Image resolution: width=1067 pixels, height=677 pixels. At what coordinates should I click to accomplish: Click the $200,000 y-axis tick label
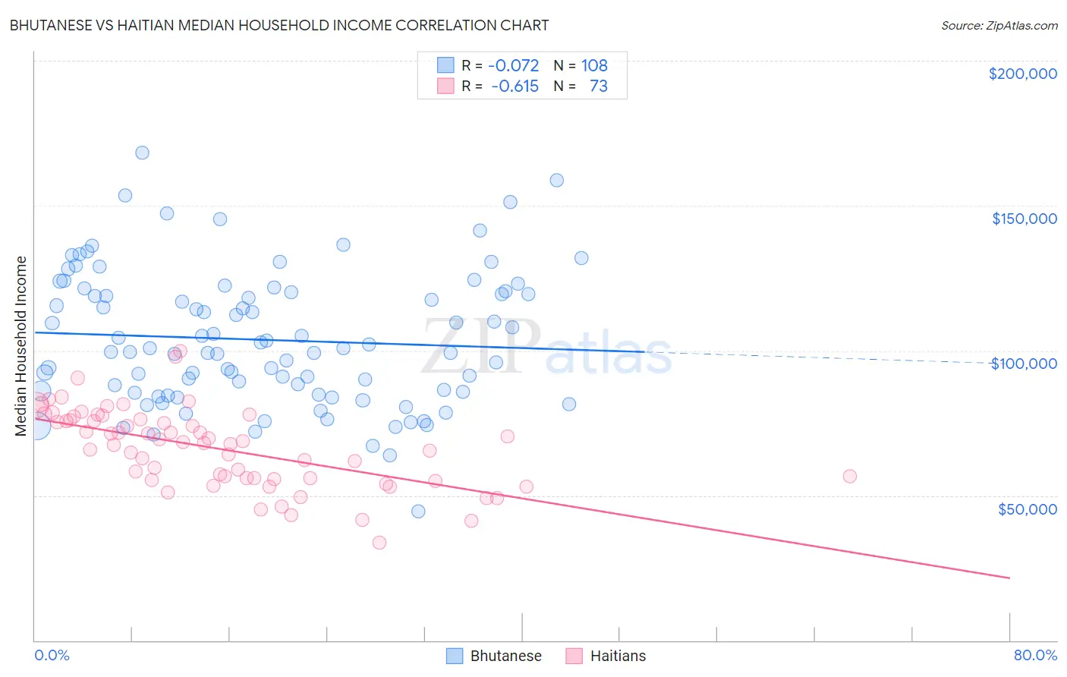(x=1022, y=74)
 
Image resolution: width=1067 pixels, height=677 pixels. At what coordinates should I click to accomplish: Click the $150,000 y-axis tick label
(x=1024, y=219)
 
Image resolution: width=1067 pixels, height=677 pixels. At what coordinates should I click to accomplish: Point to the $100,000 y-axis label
(x=1024, y=364)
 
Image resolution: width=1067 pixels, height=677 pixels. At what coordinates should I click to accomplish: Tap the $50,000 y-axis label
(x=1027, y=509)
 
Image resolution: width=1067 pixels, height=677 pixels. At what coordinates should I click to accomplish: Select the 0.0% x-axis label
(x=52, y=655)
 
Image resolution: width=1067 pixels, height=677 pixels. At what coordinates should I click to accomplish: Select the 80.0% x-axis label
(x=1035, y=655)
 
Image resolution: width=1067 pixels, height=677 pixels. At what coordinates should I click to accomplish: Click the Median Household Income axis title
(x=20, y=346)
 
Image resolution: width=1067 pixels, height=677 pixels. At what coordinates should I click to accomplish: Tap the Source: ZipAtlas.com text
(x=999, y=25)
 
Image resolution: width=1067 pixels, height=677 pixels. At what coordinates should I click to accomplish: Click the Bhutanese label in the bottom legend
(x=505, y=656)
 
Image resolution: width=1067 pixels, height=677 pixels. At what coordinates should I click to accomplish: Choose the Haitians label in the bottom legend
(x=618, y=656)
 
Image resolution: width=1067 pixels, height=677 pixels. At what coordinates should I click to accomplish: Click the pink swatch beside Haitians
(x=574, y=656)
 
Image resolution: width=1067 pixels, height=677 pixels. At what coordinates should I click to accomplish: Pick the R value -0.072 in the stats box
(x=513, y=65)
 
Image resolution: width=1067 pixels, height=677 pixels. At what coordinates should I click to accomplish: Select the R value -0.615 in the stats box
(x=515, y=86)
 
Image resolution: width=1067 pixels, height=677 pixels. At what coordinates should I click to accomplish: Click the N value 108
(x=594, y=65)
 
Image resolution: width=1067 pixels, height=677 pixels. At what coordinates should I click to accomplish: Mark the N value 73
(x=598, y=86)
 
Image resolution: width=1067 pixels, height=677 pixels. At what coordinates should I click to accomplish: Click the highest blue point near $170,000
(x=142, y=153)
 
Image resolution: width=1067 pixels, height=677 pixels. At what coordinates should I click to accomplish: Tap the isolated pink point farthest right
(x=849, y=476)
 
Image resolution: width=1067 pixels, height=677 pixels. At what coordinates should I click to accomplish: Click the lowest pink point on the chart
(x=379, y=542)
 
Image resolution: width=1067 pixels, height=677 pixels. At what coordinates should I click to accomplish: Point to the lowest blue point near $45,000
(x=418, y=511)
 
